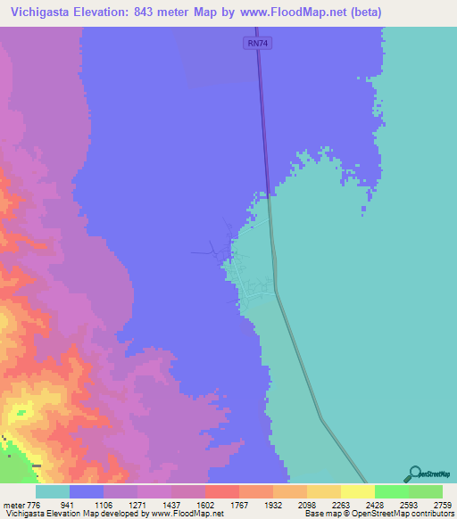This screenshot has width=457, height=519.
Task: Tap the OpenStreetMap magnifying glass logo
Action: (x=412, y=474)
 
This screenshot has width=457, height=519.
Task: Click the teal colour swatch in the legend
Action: (x=53, y=491)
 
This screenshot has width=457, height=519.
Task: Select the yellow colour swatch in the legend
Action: (x=357, y=491)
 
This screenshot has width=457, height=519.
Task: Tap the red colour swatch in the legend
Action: (x=221, y=491)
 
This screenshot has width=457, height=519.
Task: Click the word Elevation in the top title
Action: (x=110, y=12)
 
